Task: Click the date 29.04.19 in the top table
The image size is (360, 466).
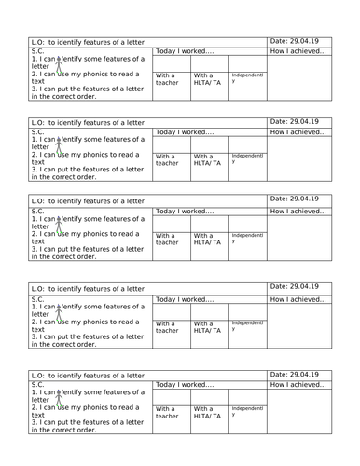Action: pos(294,41)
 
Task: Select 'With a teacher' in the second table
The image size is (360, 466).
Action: pos(167,161)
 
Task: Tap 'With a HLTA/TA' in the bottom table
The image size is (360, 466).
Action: pos(206,413)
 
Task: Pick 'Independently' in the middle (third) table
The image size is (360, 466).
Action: pos(247,240)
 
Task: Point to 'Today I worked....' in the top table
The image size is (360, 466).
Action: pos(185,52)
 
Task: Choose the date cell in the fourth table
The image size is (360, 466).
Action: pos(294,288)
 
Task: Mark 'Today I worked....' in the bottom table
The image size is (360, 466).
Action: pos(185,384)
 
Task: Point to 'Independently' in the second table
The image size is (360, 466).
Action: pos(247,158)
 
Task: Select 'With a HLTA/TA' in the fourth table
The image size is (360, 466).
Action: pos(206,329)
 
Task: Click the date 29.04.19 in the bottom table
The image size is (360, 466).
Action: pos(294,372)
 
